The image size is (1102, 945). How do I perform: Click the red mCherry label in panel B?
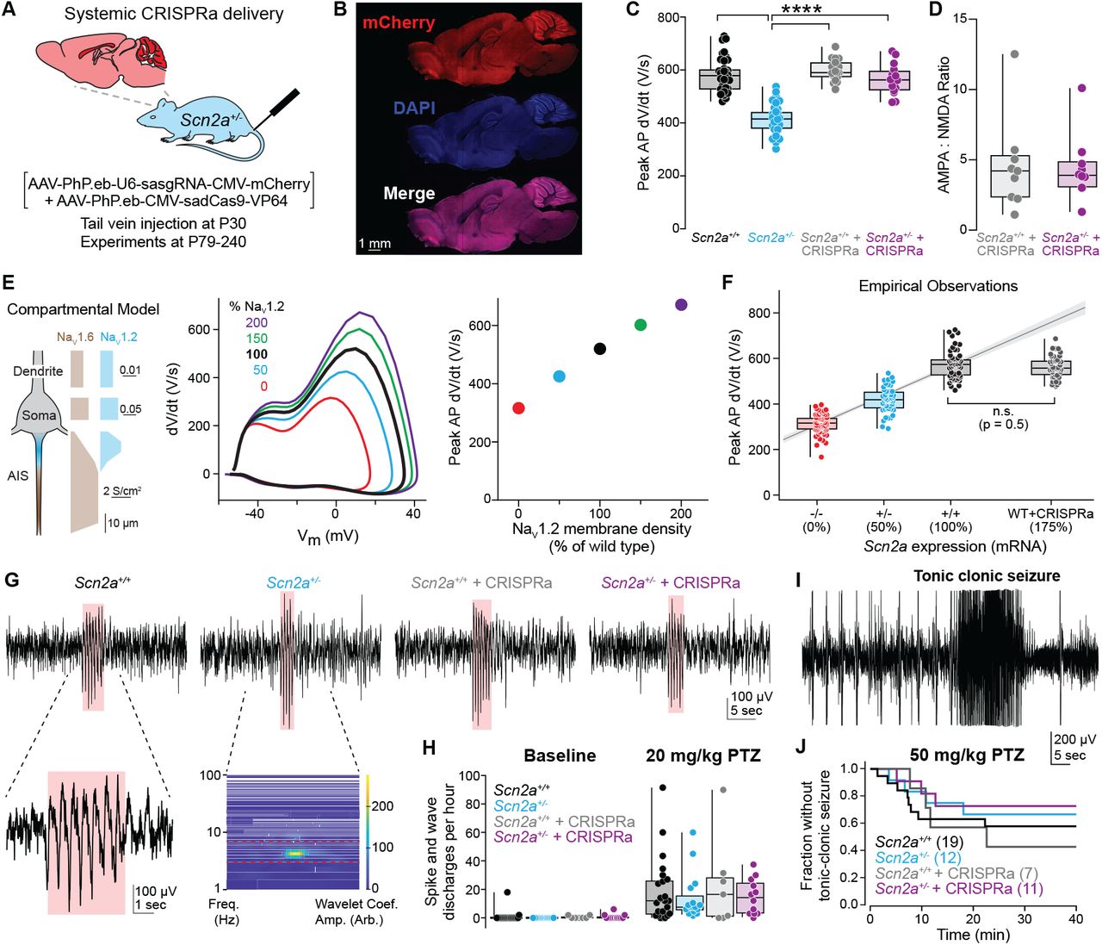click(398, 23)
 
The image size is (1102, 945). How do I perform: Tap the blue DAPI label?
click(414, 109)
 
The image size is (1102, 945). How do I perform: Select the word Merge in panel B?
click(409, 194)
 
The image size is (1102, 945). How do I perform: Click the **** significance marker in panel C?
click(801, 10)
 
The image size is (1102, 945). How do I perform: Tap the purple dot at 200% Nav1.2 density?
click(681, 304)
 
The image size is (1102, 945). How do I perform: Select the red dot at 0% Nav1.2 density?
click(518, 407)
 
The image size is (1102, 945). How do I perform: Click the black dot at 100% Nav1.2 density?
click(600, 349)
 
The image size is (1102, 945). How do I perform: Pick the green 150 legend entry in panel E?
click(257, 339)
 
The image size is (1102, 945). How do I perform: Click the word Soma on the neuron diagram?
click(39, 415)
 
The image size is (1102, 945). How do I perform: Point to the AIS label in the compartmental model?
click(18, 476)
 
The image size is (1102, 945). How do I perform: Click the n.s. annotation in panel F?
click(1002, 412)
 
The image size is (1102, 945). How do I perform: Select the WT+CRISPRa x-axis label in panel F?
click(1050, 513)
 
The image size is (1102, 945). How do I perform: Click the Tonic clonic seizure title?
click(987, 576)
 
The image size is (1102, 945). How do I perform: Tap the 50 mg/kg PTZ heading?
click(967, 755)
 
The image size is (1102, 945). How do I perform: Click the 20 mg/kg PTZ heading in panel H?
click(703, 756)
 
